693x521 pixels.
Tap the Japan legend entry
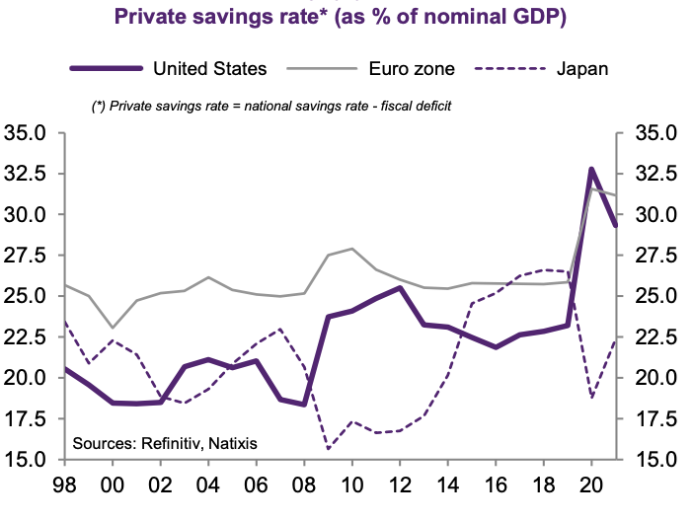click(x=581, y=69)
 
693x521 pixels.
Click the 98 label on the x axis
click(x=64, y=486)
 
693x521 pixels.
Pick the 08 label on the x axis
click(x=304, y=486)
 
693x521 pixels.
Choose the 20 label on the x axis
click(x=591, y=486)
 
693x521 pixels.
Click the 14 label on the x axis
click(x=447, y=486)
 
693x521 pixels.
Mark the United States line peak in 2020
click(x=591, y=170)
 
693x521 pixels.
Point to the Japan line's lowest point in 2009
click(x=328, y=449)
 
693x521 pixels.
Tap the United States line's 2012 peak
click(x=399, y=288)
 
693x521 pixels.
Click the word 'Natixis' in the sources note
click(x=232, y=444)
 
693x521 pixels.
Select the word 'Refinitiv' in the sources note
click(x=169, y=444)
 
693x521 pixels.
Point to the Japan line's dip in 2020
click(x=591, y=398)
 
